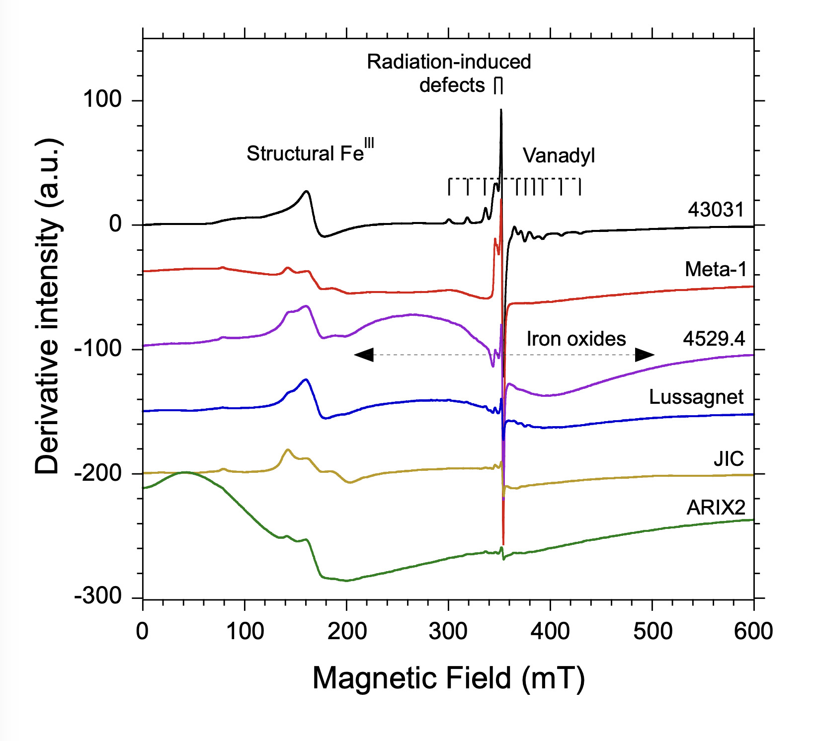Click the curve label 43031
(716, 210)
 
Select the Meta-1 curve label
(716, 270)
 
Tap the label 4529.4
(714, 339)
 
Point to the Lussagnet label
(696, 397)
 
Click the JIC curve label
(729, 459)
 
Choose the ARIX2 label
(716, 508)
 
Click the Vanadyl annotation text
(559, 156)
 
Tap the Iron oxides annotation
(576, 339)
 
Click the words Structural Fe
(305, 153)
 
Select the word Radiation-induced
(449, 62)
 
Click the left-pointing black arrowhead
(364, 355)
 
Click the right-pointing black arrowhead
(645, 355)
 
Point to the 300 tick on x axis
(448, 632)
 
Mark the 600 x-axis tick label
(753, 632)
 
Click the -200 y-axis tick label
(98, 473)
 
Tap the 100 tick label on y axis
(102, 100)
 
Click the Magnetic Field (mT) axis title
(448, 678)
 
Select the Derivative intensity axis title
(48, 306)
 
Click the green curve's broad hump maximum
(185, 472)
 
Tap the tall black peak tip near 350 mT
(501, 110)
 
